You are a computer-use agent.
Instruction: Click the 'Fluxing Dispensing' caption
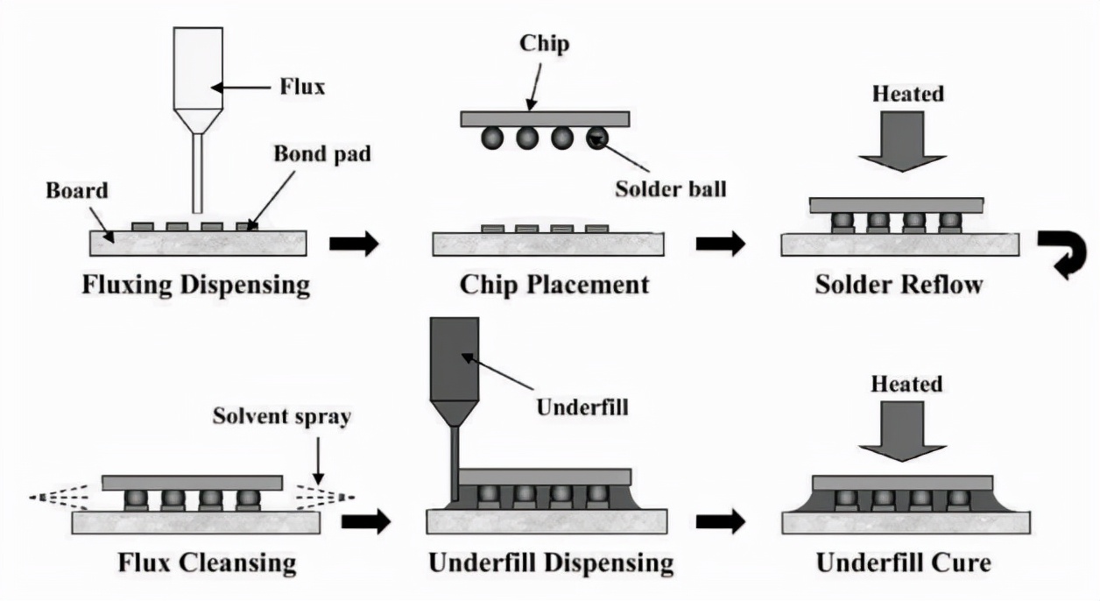(x=196, y=285)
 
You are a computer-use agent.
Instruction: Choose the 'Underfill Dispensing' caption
(x=551, y=562)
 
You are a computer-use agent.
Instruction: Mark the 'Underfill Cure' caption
(x=903, y=562)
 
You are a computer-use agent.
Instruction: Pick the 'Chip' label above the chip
(x=544, y=43)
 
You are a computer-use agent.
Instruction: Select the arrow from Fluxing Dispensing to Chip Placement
(x=354, y=244)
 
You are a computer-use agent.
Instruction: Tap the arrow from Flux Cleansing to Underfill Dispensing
(x=365, y=522)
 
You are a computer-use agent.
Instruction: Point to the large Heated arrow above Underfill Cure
(x=902, y=429)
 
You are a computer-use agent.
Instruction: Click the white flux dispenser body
(x=197, y=66)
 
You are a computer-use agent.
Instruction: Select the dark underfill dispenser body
(x=455, y=359)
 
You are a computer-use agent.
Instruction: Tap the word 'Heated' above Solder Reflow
(x=907, y=93)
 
